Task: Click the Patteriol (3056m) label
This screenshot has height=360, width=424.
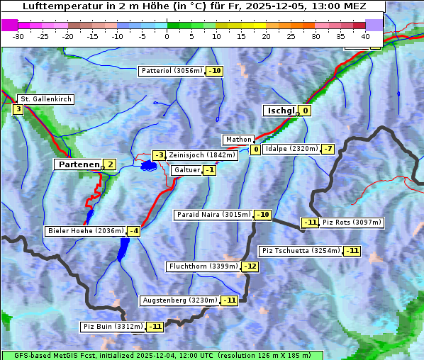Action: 172,71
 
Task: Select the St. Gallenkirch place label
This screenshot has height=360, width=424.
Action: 45,99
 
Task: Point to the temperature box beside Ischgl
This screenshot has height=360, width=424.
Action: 305,111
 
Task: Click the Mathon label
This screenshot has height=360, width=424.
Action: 238,140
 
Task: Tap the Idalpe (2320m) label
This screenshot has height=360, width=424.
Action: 291,149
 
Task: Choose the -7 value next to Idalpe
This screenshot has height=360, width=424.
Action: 327,149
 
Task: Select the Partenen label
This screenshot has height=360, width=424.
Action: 78,164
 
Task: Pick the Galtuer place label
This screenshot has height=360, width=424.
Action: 186,170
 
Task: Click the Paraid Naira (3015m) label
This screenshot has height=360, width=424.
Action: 213,214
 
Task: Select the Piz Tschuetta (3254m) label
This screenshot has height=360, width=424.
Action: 301,251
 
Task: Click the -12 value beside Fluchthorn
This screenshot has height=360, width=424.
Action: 250,267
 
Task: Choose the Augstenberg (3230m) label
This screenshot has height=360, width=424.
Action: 180,300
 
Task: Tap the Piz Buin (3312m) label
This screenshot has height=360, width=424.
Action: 113,327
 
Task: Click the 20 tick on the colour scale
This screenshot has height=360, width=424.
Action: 266,35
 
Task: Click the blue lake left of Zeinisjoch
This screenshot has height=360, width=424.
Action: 148,166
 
